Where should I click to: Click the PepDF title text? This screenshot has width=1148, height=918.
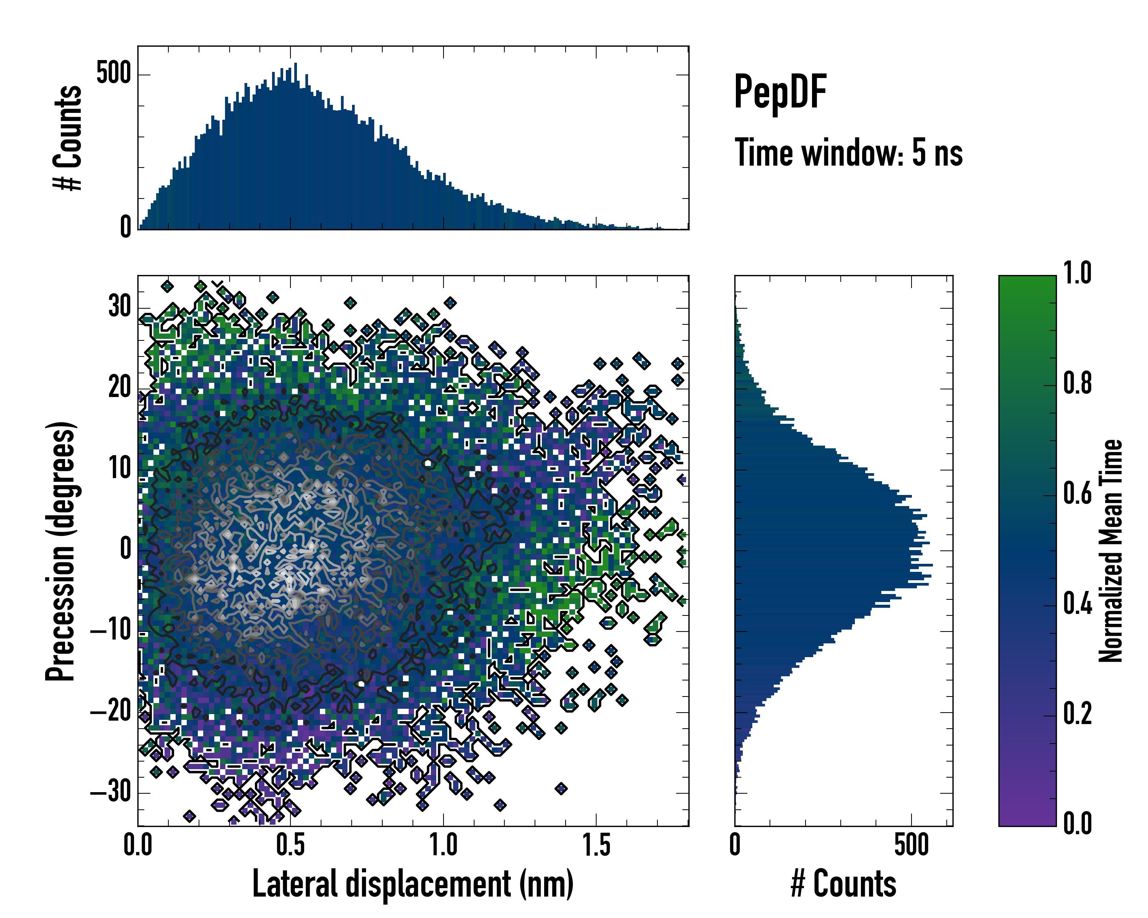pyautogui.click(x=779, y=93)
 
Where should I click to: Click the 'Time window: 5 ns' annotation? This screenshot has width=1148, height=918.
pyautogui.click(x=848, y=153)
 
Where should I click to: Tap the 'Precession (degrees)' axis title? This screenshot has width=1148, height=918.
pyautogui.click(x=60, y=551)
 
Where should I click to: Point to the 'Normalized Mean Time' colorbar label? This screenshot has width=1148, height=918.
pyautogui.click(x=1111, y=551)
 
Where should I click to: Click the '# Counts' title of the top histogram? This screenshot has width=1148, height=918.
pyautogui.click(x=68, y=138)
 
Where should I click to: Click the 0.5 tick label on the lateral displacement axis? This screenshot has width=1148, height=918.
pyautogui.click(x=291, y=845)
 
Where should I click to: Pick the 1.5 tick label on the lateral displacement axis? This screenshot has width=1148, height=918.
pyautogui.click(x=596, y=845)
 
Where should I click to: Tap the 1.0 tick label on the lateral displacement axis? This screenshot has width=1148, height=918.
pyautogui.click(x=444, y=845)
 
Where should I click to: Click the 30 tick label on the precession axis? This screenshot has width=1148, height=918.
pyautogui.click(x=120, y=307)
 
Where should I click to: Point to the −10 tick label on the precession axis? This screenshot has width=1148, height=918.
pyautogui.click(x=112, y=631)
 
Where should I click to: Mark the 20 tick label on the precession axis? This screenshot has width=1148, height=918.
pyautogui.click(x=120, y=388)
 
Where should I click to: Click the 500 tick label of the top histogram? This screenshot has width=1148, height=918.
pyautogui.click(x=113, y=73)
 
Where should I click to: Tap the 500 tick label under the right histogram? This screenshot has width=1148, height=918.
pyautogui.click(x=912, y=845)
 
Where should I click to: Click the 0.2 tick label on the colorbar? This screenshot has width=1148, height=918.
pyautogui.click(x=1078, y=714)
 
